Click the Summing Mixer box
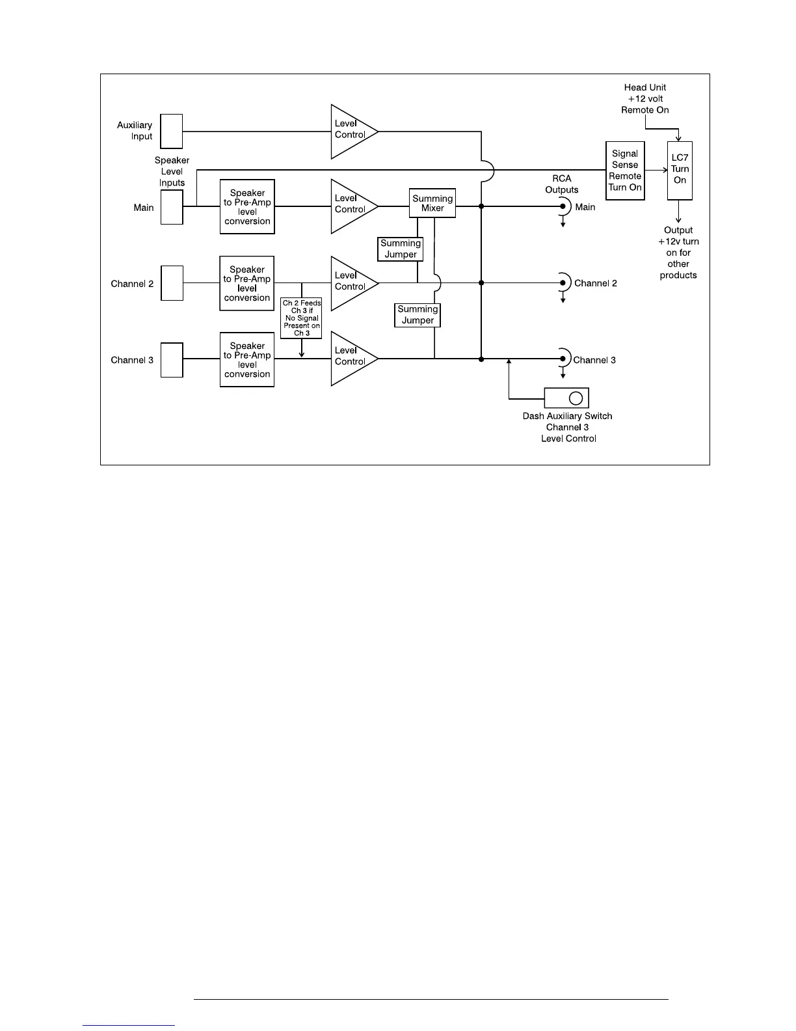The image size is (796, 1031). tap(432, 203)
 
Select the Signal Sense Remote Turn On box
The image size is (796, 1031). tap(625, 171)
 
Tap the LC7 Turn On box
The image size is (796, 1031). tap(680, 170)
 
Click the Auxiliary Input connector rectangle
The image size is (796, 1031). tap(172, 131)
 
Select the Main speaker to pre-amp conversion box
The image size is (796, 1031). tap(247, 207)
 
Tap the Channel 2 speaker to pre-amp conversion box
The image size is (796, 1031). tap(247, 283)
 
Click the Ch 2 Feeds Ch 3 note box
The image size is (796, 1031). tap(301, 318)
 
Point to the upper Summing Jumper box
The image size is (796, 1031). tap(401, 249)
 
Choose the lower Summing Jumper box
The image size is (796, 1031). tap(418, 315)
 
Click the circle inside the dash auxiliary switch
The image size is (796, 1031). tap(576, 398)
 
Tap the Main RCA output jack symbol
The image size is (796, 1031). tap(563, 207)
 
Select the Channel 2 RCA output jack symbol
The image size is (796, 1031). tap(563, 283)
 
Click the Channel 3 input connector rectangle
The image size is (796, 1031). tap(172, 360)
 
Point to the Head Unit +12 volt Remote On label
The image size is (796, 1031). tap(645, 98)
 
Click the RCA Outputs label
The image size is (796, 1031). tap(562, 184)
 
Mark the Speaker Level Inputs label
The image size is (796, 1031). tap(172, 171)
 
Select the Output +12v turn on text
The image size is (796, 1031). tap(678, 253)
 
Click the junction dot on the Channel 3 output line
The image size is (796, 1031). tap(481, 359)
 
